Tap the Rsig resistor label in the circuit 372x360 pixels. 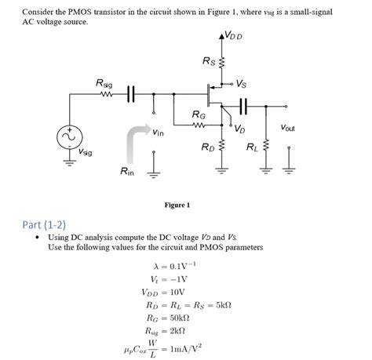[x=103, y=82]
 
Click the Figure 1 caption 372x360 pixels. [x=177, y=205]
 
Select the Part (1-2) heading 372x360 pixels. [x=49, y=224]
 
